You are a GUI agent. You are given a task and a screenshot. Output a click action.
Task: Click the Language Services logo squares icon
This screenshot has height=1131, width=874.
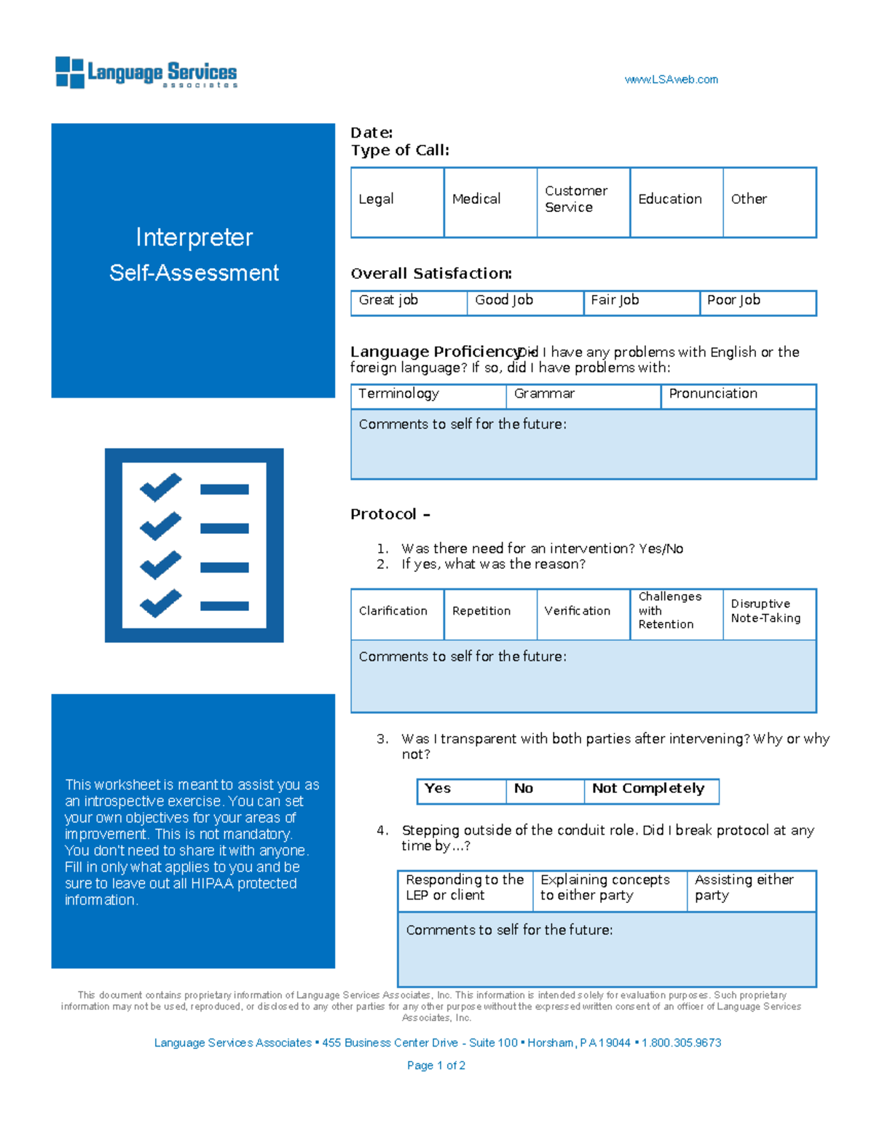(70, 73)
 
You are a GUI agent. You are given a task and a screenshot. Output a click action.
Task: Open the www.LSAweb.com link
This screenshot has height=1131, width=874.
(671, 79)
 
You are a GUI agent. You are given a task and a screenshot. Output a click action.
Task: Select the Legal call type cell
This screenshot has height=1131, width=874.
(397, 202)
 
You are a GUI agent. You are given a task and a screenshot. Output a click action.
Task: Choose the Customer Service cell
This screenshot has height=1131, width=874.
(583, 202)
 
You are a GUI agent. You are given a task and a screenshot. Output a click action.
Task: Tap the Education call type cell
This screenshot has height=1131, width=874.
(676, 202)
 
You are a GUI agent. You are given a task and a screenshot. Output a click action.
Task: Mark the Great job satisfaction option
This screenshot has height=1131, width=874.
(408, 302)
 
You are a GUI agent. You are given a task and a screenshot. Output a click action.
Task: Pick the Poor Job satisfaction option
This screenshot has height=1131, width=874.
(757, 302)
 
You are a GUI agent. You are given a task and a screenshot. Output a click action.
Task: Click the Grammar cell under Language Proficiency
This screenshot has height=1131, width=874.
(583, 395)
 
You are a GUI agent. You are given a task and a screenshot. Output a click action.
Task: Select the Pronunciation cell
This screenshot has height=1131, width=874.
(738, 395)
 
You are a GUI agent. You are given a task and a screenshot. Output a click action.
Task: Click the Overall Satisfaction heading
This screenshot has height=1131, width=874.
(431, 274)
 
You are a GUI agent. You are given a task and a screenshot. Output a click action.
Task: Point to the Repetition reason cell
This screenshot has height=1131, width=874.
(489, 614)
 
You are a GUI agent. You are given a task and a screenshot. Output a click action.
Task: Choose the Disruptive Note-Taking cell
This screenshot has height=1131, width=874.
(769, 613)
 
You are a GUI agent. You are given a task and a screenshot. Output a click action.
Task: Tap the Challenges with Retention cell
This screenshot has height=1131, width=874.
(676, 613)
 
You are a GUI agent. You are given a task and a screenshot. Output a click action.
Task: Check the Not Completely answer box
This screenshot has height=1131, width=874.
(650, 790)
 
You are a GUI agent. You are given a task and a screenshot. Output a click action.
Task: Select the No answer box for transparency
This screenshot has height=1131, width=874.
(544, 790)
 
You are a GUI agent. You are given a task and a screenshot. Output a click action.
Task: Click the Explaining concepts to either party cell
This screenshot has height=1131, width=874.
(609, 890)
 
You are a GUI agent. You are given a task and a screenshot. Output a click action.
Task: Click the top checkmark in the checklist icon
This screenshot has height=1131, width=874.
(161, 486)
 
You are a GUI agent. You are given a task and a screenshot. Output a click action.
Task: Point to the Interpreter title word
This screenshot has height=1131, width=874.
(194, 238)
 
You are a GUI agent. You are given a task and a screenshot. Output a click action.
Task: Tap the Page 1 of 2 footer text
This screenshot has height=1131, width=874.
(436, 1065)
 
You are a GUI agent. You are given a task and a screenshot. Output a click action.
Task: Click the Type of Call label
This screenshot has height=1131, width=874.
(400, 151)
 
